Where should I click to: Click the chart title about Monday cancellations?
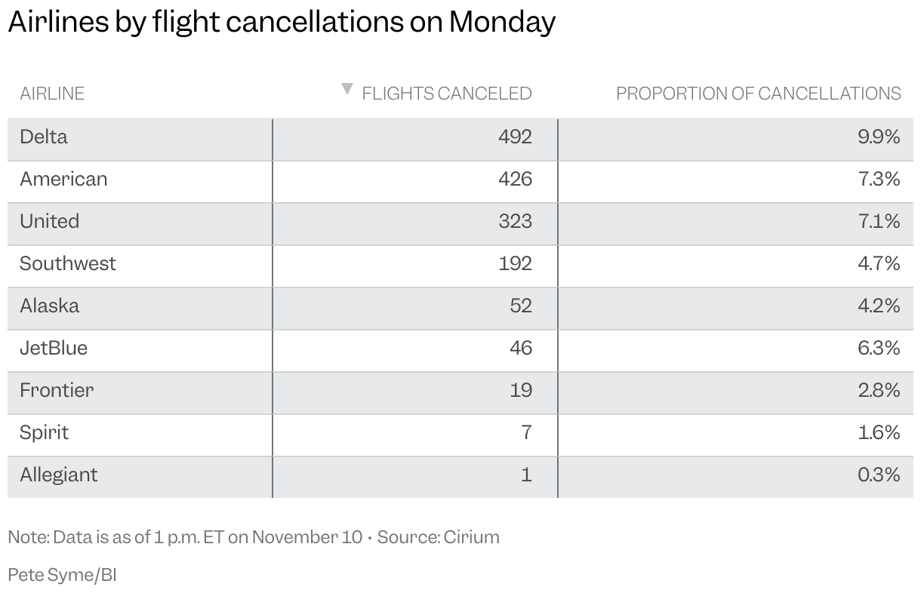(282, 23)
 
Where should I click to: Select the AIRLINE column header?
(52, 94)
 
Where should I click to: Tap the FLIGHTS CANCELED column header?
(447, 94)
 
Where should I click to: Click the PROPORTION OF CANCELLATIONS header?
(758, 94)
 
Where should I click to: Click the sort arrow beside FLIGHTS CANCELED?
(347, 89)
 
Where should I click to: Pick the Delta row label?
(44, 137)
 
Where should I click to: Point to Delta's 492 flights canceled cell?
(515, 137)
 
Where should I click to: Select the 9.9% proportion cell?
(879, 137)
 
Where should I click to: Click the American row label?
(63, 179)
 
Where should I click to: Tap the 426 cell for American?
(515, 179)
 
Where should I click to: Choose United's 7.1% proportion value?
(879, 221)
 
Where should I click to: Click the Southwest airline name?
(68, 263)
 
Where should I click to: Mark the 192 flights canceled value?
(515, 263)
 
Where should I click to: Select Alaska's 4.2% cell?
(879, 306)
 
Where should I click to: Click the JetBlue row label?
(54, 348)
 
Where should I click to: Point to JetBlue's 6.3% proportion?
(879, 348)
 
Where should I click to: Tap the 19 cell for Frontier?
(520, 390)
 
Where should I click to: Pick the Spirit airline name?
(44, 432)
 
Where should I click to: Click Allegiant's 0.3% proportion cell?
(879, 475)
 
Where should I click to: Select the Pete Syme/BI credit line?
(62, 575)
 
